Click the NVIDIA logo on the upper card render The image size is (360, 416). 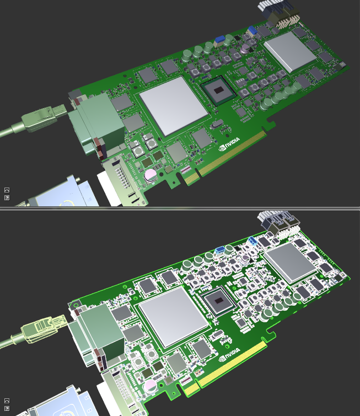click(229, 144)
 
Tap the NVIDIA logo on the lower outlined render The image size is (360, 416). click(229, 354)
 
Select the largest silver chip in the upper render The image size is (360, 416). click(173, 106)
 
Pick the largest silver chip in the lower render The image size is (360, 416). click(173, 316)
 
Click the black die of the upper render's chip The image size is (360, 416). click(219, 90)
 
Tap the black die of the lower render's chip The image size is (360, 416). click(219, 301)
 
